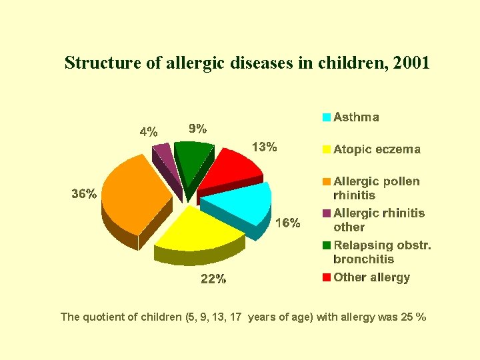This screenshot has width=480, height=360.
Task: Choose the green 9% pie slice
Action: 194,160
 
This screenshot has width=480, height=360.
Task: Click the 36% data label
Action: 84,195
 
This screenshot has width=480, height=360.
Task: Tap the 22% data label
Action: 213,279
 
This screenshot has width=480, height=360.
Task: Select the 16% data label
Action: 287,223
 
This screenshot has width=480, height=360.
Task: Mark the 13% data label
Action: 264,147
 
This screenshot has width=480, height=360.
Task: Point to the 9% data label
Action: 197,127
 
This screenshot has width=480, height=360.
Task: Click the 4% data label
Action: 148,131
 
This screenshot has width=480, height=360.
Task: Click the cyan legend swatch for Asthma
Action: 327,118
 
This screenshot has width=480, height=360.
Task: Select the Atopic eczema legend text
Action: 377,149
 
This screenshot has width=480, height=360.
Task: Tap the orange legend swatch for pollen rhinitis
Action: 327,182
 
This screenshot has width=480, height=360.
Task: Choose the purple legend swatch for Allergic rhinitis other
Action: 327,214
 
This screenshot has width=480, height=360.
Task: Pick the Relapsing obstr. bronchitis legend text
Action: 381,252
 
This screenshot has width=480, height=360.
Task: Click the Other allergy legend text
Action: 371,277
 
